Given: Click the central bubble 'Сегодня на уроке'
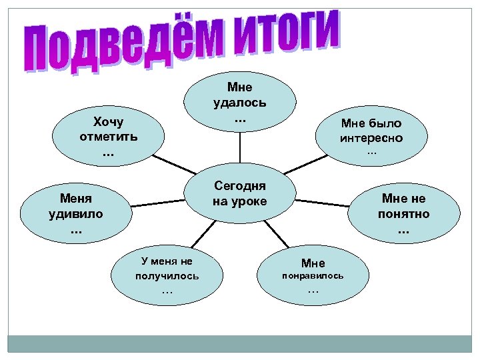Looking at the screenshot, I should click(x=240, y=193).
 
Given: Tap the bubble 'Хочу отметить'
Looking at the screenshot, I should click(x=108, y=137).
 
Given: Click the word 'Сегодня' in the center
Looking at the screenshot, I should click(x=240, y=185).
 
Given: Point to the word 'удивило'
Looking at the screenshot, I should click(x=76, y=215).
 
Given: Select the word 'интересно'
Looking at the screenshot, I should click(x=371, y=139).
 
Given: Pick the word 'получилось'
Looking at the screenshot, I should click(x=167, y=276).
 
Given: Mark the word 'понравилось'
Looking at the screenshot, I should click(x=313, y=275).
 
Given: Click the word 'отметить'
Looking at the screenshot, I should click(x=108, y=137).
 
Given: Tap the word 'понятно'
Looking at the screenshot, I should click(x=403, y=215).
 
